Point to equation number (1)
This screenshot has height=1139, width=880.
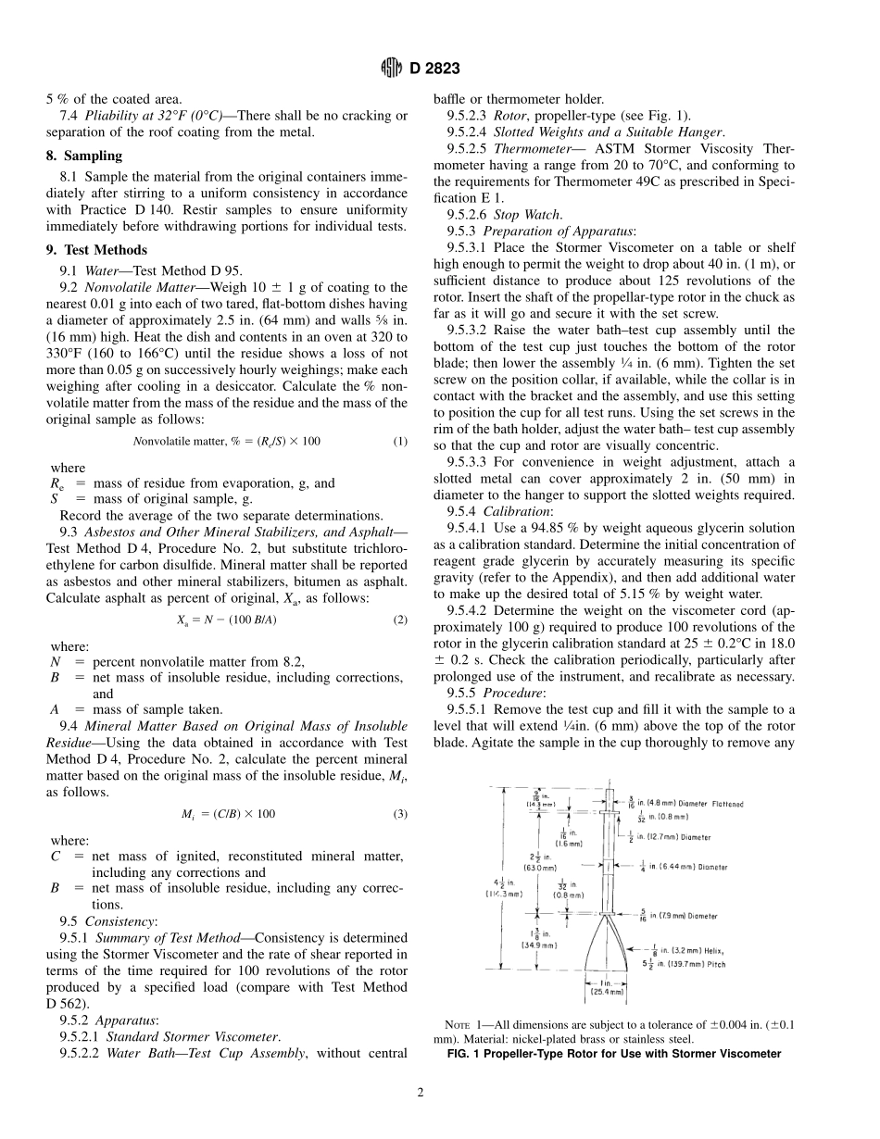399,441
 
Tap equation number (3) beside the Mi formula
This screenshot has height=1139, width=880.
399,814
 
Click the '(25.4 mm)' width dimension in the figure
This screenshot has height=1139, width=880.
608,991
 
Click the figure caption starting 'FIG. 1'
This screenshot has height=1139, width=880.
613,1054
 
